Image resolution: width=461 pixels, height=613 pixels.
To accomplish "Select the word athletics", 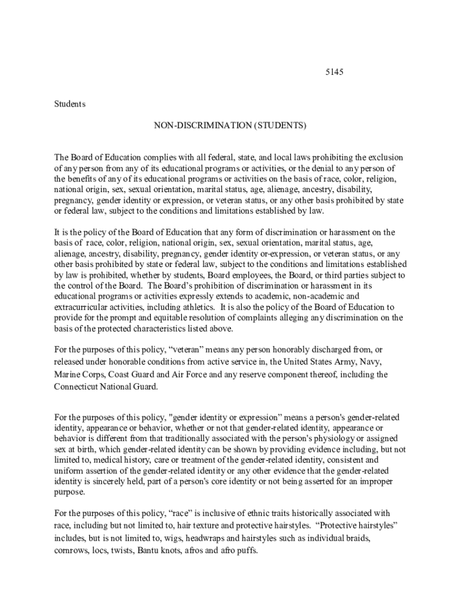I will (198, 306).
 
